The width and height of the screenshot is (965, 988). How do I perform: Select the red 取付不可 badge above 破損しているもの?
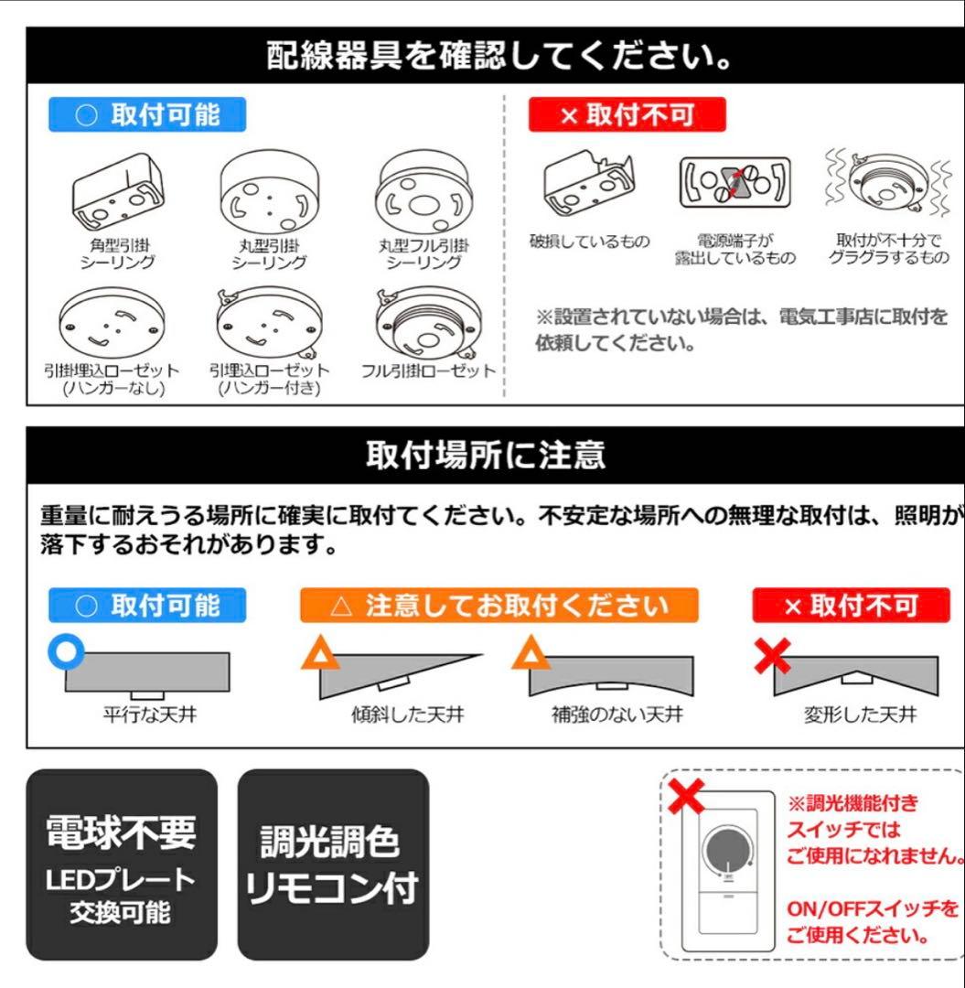click(x=627, y=114)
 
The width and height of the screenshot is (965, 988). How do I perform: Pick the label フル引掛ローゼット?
click(x=427, y=370)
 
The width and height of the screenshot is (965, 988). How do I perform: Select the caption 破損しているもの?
click(x=590, y=242)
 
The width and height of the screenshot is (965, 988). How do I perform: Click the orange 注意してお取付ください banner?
click(x=499, y=606)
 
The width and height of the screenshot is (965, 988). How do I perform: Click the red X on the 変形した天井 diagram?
click(x=772, y=655)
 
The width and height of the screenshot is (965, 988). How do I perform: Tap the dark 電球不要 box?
click(x=122, y=864)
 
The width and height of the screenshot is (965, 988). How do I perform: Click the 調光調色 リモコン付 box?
click(x=333, y=864)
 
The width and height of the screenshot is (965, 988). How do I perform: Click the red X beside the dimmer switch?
click(x=686, y=798)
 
